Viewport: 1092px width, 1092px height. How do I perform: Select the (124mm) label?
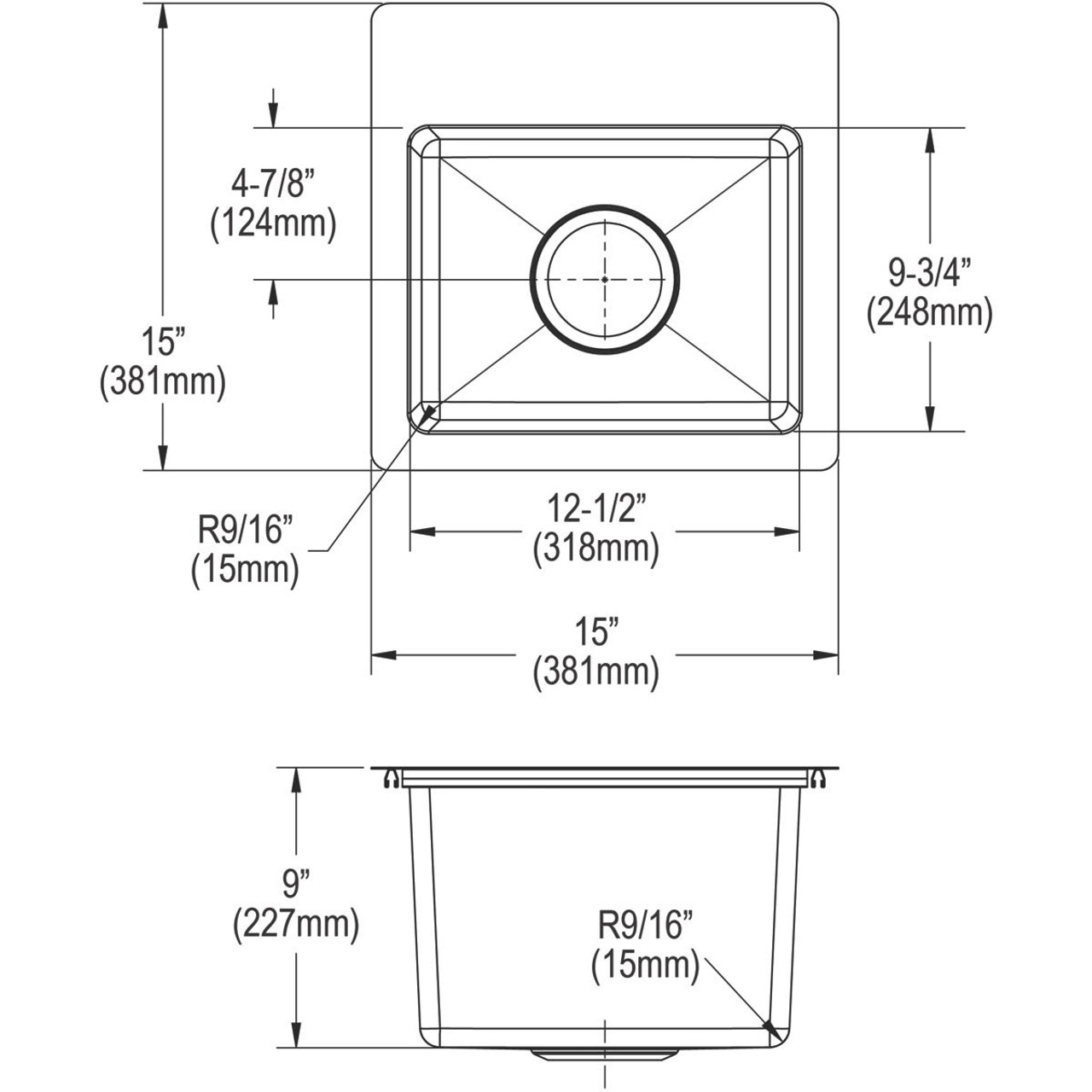[272, 224]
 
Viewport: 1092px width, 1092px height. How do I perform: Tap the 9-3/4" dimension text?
[929, 274]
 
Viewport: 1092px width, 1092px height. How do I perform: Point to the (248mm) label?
[929, 313]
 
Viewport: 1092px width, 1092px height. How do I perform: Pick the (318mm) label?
[595, 549]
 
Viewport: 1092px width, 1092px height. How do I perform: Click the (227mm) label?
[295, 923]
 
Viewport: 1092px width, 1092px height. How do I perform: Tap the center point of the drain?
[605, 279]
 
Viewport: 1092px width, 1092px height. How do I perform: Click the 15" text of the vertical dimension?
[162, 343]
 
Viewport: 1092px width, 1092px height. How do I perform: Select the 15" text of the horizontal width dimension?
[595, 634]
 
